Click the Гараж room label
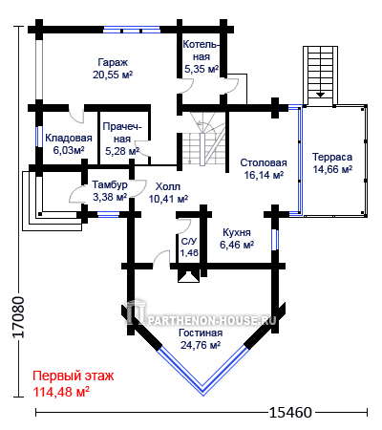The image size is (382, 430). (113, 62)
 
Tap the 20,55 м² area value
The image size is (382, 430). (113, 75)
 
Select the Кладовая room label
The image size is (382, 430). (69, 138)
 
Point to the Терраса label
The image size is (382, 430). (332, 157)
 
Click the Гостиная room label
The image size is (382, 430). (201, 333)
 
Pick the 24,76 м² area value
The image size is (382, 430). (201, 345)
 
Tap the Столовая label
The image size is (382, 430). (264, 162)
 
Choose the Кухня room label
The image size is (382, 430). (237, 232)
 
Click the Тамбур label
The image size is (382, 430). (110, 184)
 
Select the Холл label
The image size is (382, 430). (168, 186)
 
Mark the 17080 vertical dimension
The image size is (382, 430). (19, 317)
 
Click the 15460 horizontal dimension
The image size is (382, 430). (290, 413)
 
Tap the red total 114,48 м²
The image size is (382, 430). (61, 392)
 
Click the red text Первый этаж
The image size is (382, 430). (74, 376)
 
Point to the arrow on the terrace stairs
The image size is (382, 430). (320, 95)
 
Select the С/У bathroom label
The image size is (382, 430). (189, 242)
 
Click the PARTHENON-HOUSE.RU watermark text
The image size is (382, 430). (212, 320)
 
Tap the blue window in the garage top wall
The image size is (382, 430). (132, 30)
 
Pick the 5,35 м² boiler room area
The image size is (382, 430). (202, 69)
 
